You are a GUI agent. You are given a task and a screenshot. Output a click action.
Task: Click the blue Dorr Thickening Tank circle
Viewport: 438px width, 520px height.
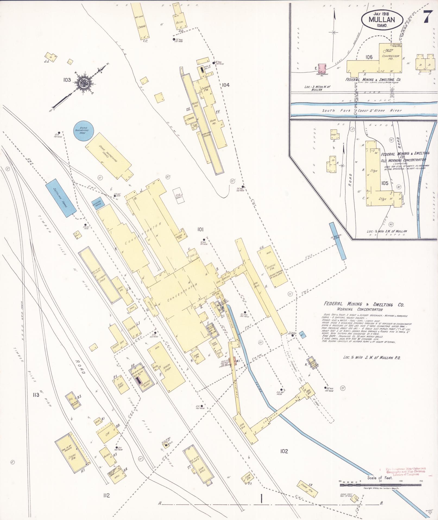[83, 131]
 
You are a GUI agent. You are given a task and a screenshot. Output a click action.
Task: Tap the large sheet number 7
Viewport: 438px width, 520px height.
[426, 18]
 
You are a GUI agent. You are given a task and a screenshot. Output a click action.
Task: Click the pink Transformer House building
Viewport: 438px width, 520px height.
[322, 68]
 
